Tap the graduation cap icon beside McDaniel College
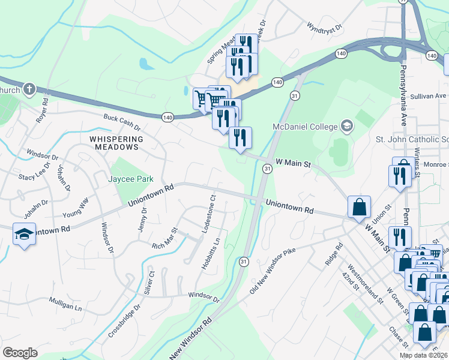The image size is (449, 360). [x=346, y=126]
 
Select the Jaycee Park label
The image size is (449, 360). [x=131, y=179]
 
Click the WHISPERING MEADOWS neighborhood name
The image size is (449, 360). [x=116, y=142]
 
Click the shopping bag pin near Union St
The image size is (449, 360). [x=359, y=207]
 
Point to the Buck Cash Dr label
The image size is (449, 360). [x=122, y=123]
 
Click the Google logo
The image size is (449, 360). [x=20, y=353]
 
